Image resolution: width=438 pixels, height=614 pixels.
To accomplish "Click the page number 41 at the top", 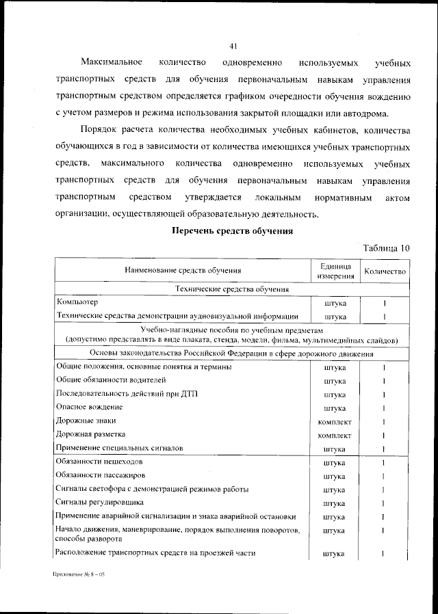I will pos(233,46).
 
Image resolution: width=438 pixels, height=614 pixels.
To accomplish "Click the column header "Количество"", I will pos(385,271).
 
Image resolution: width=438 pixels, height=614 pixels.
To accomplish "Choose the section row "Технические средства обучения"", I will pos(232,290).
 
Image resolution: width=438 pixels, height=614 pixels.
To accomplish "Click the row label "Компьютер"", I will pos(77,302).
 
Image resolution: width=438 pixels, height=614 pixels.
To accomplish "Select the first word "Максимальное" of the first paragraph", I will pos(110,64).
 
